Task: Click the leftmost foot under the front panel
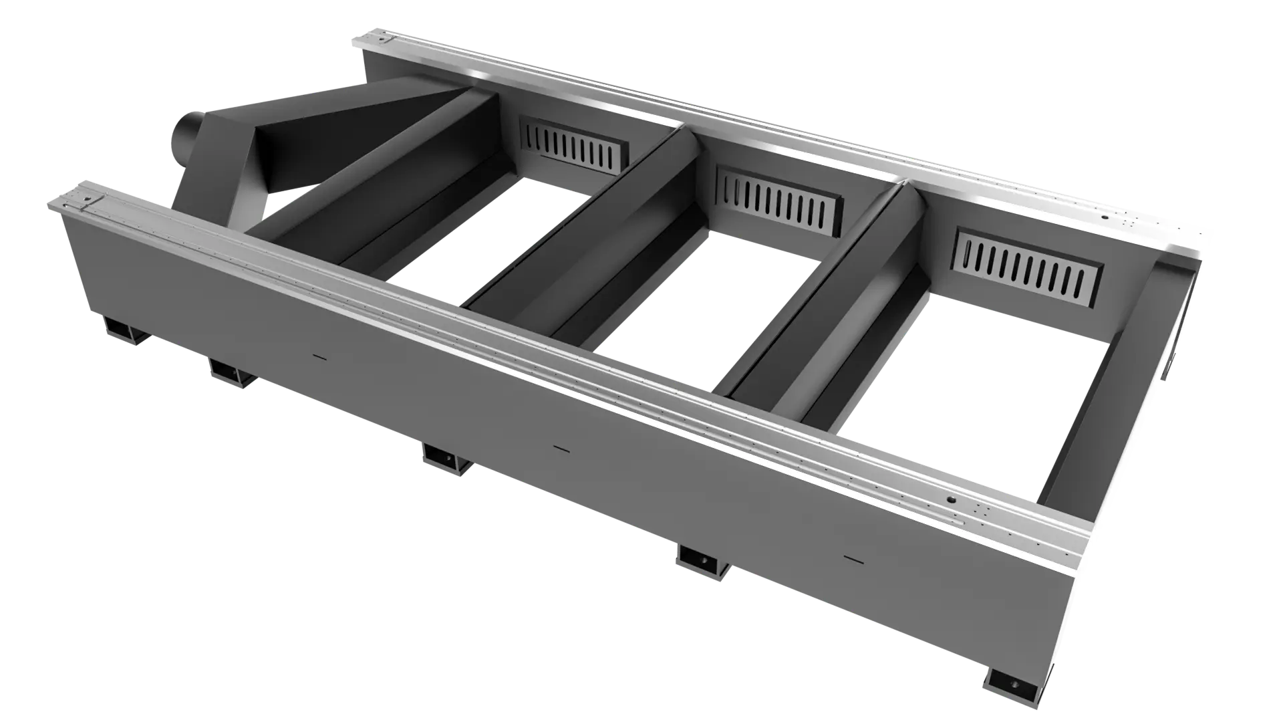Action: pos(122,330)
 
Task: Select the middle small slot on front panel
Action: pos(560,449)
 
